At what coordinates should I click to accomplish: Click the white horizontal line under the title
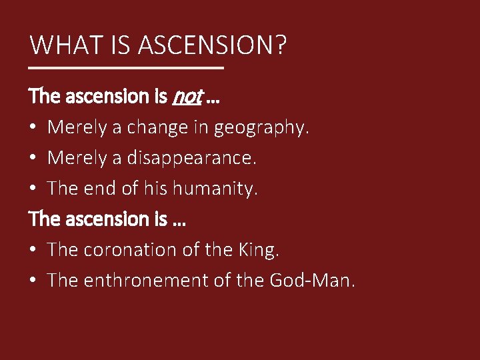[x=127, y=68]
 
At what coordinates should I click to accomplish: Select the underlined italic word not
[x=187, y=97]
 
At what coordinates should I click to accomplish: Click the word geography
[x=262, y=127]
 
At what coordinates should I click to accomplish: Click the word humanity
[x=215, y=189]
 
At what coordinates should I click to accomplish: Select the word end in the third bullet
[x=99, y=189]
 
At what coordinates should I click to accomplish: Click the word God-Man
[x=313, y=281]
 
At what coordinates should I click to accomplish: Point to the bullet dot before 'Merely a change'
[x=33, y=127]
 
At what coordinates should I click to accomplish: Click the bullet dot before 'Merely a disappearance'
[x=33, y=158]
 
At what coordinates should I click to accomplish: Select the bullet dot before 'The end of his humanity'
[x=33, y=189]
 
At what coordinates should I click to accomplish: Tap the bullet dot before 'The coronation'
[x=33, y=250]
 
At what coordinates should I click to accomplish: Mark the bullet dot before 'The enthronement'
[x=33, y=281]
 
